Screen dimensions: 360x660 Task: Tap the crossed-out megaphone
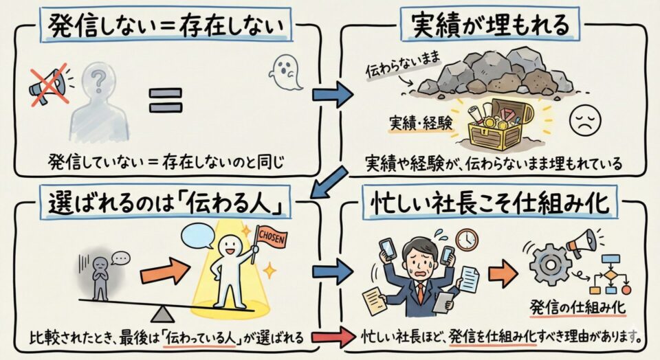(x=47, y=85)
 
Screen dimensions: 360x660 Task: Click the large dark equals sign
(x=166, y=101)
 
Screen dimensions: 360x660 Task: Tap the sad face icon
(x=586, y=122)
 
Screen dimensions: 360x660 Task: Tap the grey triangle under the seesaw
(x=164, y=314)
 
